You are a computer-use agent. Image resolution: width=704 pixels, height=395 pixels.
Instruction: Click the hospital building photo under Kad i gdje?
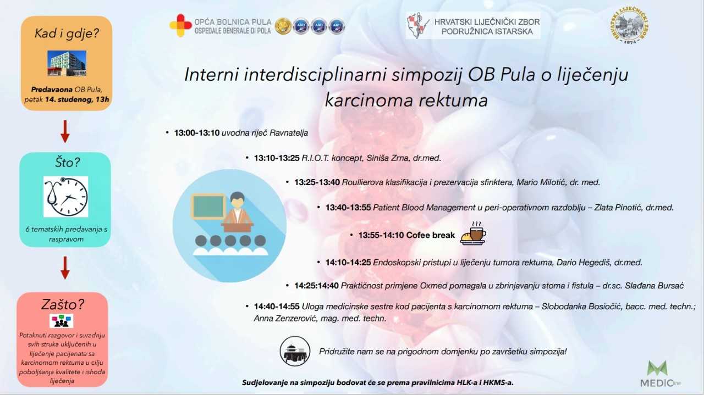67,63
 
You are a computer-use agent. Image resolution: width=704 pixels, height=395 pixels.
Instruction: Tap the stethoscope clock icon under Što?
65,197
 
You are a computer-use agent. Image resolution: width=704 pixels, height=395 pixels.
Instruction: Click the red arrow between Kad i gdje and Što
65,131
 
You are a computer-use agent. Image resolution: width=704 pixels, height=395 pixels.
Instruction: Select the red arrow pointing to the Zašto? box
65,268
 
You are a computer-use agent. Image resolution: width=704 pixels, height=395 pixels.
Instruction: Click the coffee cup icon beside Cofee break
473,233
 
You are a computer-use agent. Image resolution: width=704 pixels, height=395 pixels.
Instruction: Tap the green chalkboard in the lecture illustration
208,207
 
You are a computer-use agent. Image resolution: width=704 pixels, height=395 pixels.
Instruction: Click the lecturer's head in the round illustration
237,199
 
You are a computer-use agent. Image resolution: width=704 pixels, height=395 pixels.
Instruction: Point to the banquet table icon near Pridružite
295,351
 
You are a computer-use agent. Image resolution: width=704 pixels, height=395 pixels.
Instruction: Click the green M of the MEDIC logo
657,368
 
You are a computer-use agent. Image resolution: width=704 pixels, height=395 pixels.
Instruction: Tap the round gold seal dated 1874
629,25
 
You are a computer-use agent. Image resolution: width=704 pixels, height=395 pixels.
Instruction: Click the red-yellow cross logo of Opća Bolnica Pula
180,25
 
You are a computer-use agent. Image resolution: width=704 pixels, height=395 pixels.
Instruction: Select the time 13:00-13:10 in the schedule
197,133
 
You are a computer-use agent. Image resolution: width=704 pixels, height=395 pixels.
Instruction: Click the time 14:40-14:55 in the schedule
277,307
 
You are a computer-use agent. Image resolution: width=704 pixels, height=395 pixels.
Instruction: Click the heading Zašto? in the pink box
63,304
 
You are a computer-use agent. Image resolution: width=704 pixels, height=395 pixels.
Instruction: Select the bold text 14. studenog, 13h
77,99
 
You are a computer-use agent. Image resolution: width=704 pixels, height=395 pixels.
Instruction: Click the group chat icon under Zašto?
61,321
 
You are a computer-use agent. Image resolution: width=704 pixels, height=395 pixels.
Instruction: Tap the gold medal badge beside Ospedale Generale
283,26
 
